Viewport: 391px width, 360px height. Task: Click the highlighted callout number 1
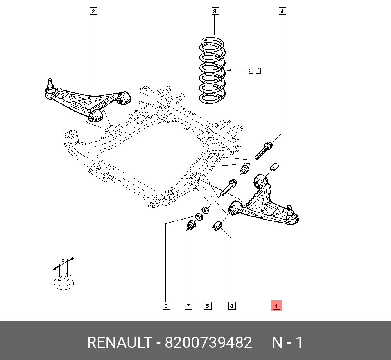[276, 306]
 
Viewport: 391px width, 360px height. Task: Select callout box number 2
[93, 11]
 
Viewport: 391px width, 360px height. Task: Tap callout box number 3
[232, 306]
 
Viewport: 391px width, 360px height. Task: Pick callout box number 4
[282, 11]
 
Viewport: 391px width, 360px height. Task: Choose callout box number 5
[208, 306]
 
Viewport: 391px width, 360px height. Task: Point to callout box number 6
[166, 306]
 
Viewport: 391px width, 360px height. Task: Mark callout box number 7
[188, 306]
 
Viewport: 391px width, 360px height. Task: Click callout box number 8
[214, 11]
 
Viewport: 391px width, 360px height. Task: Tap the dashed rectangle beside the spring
[255, 70]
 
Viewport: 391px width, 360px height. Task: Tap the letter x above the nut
[63, 260]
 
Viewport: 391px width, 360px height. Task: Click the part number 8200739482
[208, 343]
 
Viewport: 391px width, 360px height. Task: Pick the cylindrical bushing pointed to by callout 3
[217, 226]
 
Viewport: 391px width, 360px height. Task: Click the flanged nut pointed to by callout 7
[191, 226]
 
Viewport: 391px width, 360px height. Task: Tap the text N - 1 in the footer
[287, 343]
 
